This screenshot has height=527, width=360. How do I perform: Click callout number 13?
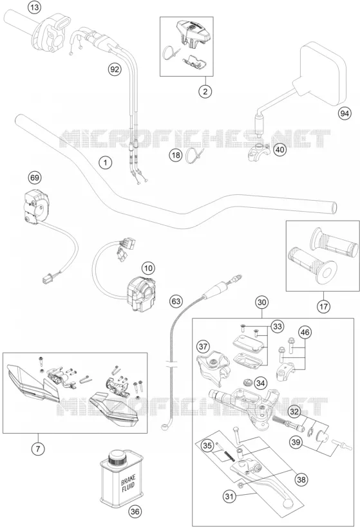point(34,7)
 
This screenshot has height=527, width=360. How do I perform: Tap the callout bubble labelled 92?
point(115,69)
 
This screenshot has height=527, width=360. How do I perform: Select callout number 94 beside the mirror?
point(344,114)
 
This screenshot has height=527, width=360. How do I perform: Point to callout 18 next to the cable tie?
point(176,155)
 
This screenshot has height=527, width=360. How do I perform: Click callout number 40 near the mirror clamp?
point(280,149)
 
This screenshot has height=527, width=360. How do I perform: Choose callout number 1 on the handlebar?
point(106,163)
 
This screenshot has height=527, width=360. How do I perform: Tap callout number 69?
point(34,178)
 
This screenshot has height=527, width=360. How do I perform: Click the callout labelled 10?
point(148,268)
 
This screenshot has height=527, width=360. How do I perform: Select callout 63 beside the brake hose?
point(176,301)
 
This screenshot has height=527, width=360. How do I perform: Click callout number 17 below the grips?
point(323,306)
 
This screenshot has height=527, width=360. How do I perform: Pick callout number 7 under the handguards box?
point(38,448)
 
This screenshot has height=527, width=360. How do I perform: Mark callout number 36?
point(135,512)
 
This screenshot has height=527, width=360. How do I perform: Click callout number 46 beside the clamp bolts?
point(305,333)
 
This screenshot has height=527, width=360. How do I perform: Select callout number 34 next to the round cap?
point(260,383)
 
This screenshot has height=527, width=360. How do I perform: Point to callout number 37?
point(203,346)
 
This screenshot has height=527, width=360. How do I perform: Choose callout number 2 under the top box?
point(205,91)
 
